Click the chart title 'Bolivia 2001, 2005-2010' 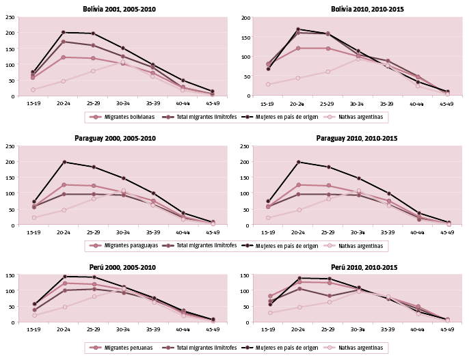point(115,9)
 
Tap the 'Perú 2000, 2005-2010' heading point(115,267)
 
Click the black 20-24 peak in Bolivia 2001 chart point(63,32)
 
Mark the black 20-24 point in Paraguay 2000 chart point(63,162)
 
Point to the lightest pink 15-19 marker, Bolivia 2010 point(268,85)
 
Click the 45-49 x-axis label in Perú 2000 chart point(213,329)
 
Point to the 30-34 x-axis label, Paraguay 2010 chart point(357,232)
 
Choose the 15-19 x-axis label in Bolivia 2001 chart point(33,104)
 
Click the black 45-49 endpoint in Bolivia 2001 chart point(213,92)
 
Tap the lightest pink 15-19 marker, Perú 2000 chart point(33,316)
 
